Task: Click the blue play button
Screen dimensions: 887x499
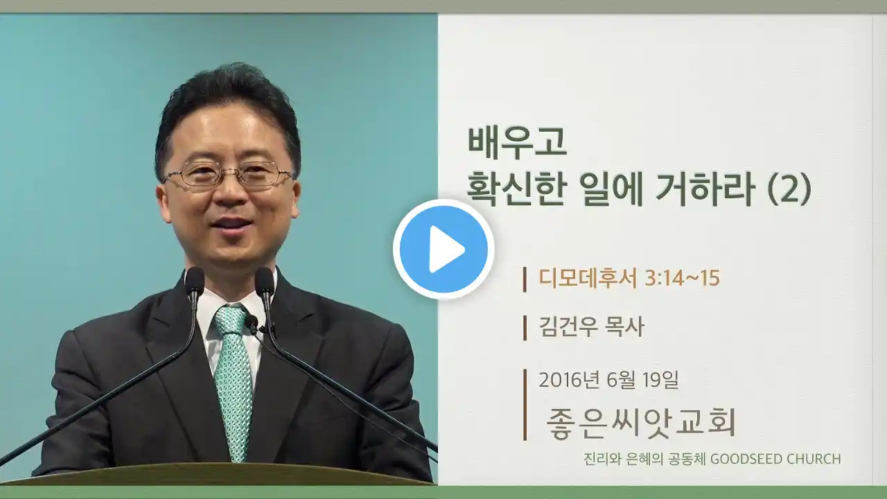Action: click(443, 249)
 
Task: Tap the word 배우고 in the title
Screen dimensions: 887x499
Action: click(517, 143)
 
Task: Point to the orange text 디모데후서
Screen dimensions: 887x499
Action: click(588, 278)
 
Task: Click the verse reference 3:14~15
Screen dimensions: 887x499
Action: click(682, 279)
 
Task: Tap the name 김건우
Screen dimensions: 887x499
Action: click(567, 327)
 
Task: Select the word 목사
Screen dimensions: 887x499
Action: click(624, 327)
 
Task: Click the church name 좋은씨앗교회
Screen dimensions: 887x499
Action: click(641, 422)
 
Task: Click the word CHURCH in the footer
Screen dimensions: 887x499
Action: click(808, 459)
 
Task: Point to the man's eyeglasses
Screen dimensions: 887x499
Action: click(229, 174)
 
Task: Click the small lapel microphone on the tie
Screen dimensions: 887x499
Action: click(252, 324)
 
